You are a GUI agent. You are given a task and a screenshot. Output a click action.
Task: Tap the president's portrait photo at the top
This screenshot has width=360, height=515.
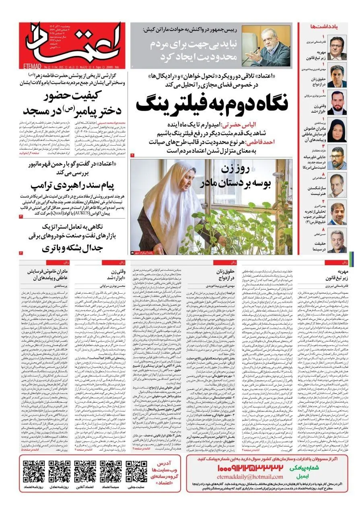coord(266,45)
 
